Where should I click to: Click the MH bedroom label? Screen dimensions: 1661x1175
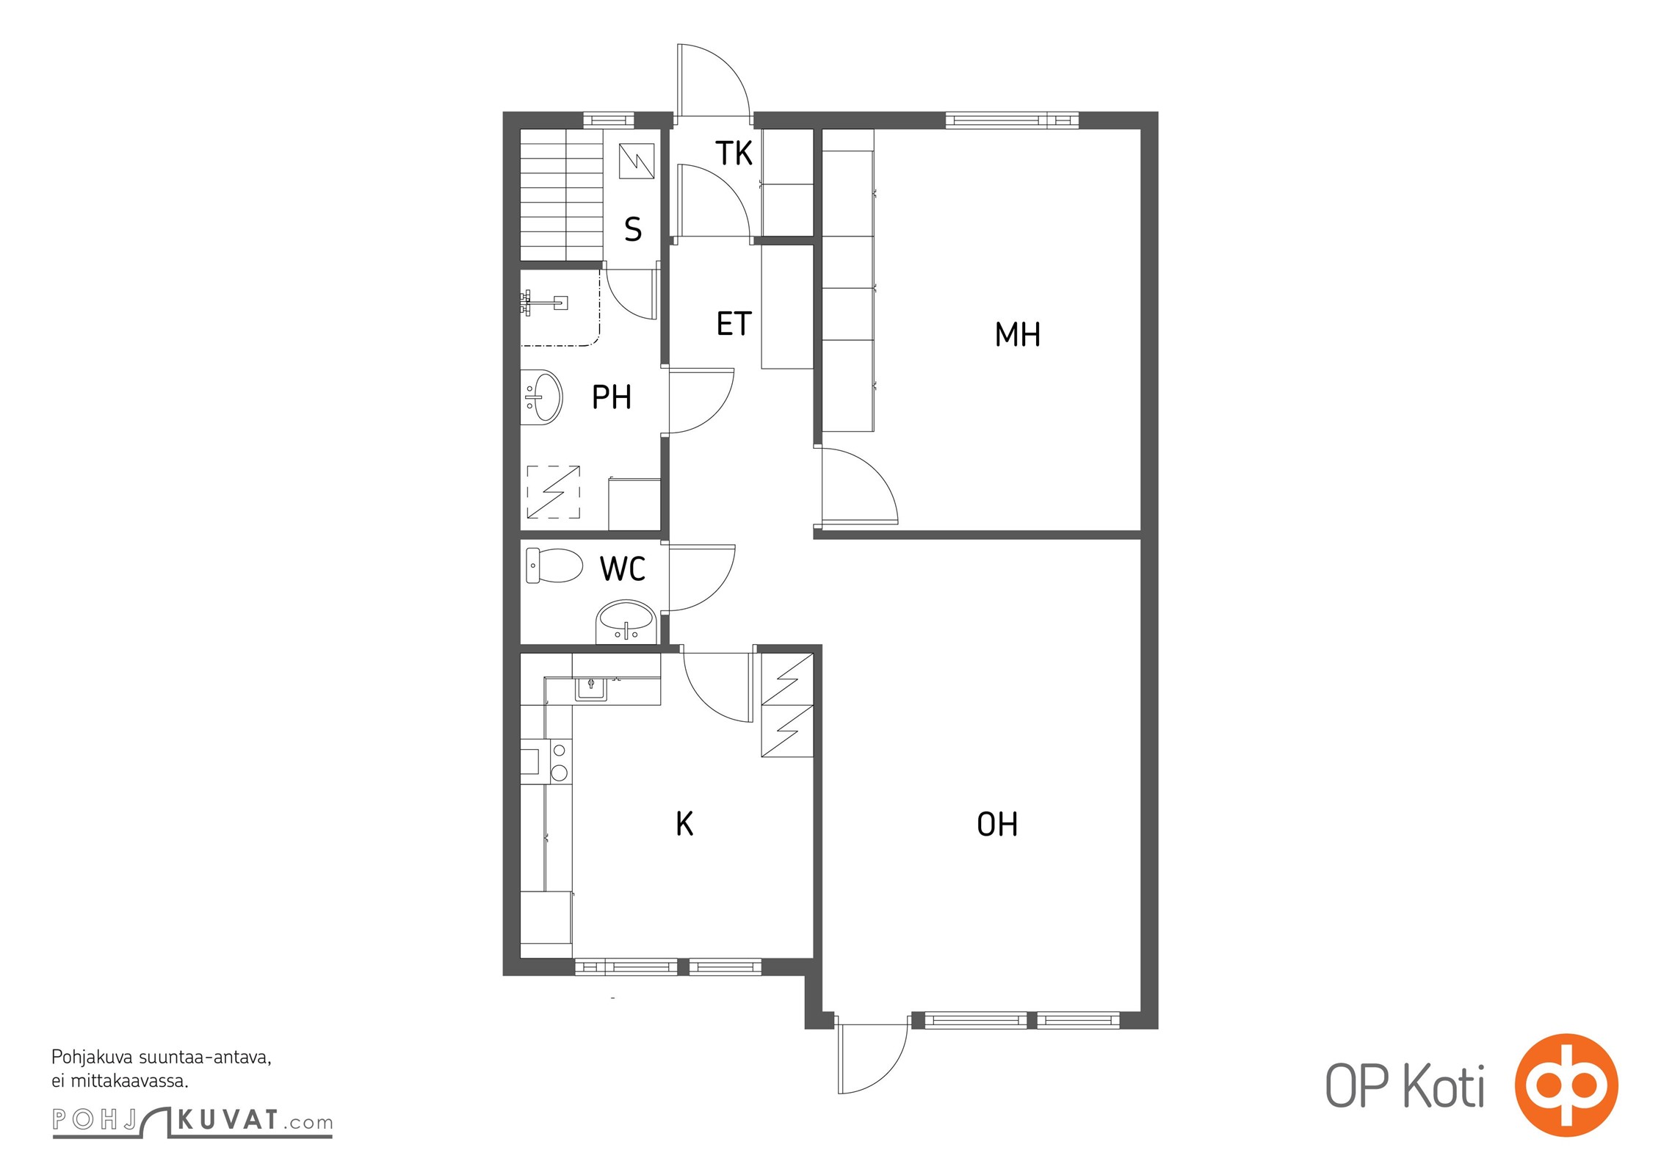pyautogui.click(x=1017, y=334)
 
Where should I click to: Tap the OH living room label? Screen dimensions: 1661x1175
pyautogui.click(x=997, y=824)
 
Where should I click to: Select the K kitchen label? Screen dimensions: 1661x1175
pyautogui.click(x=684, y=824)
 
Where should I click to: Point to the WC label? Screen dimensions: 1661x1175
pyautogui.click(x=623, y=568)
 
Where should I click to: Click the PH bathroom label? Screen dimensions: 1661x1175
pyautogui.click(x=612, y=397)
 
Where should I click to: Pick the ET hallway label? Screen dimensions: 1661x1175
pyautogui.click(x=734, y=324)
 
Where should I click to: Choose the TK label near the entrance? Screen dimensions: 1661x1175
pyautogui.click(x=734, y=153)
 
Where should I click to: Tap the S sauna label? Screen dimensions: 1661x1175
pyautogui.click(x=633, y=229)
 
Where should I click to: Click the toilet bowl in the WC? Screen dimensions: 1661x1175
pyautogui.click(x=554, y=565)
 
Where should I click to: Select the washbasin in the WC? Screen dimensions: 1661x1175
pyautogui.click(x=625, y=623)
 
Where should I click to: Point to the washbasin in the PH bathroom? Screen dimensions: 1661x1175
pyautogui.click(x=541, y=397)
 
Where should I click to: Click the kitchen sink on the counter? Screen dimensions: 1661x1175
pyautogui.click(x=591, y=688)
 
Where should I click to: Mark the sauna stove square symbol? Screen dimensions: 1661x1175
pyautogui.click(x=637, y=161)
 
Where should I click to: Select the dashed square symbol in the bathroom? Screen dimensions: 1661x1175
pyautogui.click(x=554, y=492)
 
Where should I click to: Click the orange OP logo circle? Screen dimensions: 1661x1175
pyautogui.click(x=1566, y=1085)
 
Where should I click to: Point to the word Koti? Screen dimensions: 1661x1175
pyautogui.click(x=1444, y=1086)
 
